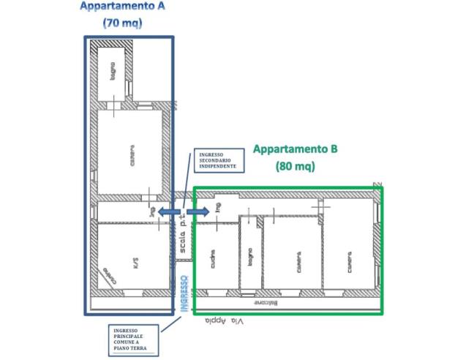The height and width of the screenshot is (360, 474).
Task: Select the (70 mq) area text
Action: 122,23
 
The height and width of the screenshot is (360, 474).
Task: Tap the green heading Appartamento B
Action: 295,149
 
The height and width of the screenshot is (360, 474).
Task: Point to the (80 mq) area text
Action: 295,166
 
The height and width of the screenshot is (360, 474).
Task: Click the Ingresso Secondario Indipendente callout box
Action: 215,161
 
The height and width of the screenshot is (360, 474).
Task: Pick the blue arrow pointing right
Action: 198,211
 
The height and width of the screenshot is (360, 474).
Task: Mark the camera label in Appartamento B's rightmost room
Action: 349,261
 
